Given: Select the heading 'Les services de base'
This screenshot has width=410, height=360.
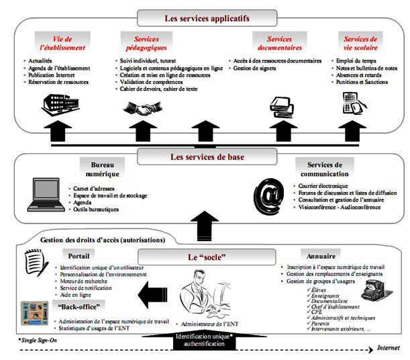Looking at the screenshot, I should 205,157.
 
